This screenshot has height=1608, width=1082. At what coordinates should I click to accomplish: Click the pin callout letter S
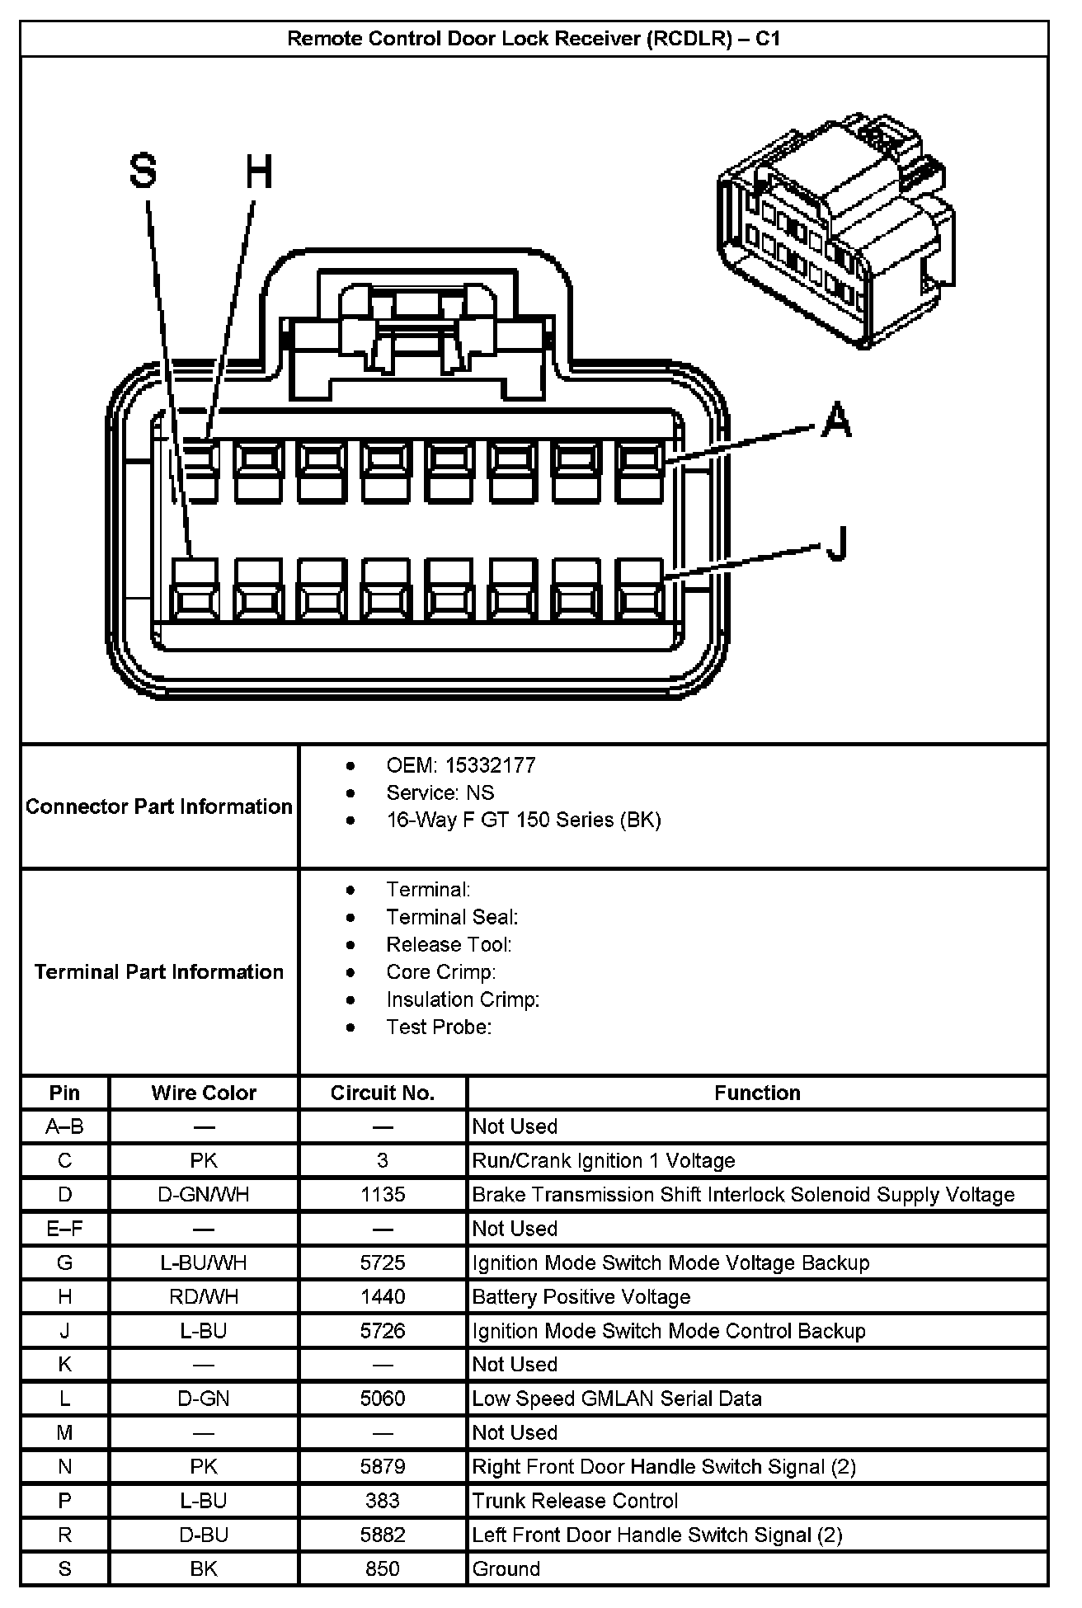click(143, 173)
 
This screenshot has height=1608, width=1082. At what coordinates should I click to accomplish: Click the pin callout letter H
click(259, 173)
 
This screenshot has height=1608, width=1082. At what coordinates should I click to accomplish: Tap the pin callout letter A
click(837, 420)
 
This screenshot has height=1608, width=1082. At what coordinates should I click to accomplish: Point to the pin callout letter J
click(837, 544)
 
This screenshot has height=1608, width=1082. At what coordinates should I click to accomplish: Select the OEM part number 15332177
click(490, 765)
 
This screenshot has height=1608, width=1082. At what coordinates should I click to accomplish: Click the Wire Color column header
click(204, 1093)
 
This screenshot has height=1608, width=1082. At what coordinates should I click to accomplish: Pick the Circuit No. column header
click(383, 1093)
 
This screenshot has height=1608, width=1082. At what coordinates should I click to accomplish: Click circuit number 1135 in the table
click(383, 1195)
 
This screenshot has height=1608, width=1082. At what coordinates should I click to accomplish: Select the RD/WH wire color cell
click(204, 1297)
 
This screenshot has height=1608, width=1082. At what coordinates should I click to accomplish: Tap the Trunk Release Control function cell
click(575, 1501)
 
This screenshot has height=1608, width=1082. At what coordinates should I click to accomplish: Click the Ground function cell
click(506, 1568)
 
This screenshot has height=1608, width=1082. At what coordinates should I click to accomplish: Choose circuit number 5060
click(383, 1399)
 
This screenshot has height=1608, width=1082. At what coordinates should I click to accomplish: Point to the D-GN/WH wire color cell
click(204, 1195)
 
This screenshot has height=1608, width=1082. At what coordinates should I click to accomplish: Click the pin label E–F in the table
click(64, 1229)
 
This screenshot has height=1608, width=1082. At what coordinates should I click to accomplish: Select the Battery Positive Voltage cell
click(581, 1297)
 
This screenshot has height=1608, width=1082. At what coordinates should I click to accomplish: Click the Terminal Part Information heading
click(159, 971)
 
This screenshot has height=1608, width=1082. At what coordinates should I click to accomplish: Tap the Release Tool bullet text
click(449, 944)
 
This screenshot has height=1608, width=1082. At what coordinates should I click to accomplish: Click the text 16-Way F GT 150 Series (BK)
click(524, 820)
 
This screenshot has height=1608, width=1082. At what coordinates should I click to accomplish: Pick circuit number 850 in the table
click(383, 1568)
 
